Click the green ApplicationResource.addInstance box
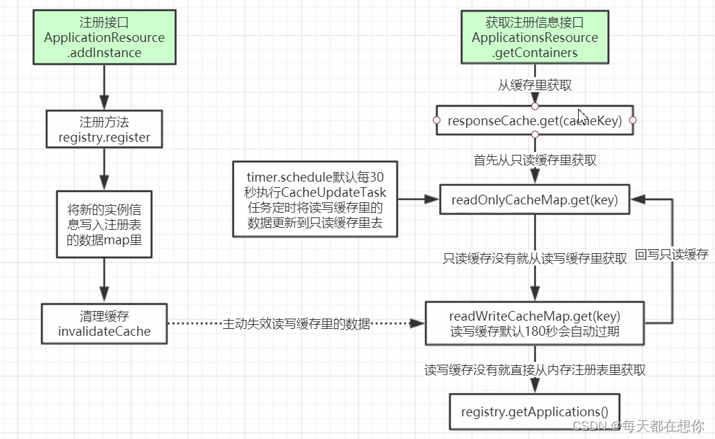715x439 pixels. click(x=105, y=38)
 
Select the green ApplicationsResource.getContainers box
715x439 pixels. click(x=535, y=38)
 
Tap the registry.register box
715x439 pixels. click(x=105, y=129)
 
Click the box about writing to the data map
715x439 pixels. click(x=105, y=225)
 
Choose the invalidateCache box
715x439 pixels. click(x=105, y=324)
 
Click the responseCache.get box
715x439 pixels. click(x=535, y=121)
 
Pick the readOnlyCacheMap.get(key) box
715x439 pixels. click(x=535, y=200)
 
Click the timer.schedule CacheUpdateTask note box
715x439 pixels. click(x=315, y=200)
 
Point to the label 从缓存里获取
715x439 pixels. click(x=535, y=85)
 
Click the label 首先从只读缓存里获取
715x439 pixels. click(x=535, y=160)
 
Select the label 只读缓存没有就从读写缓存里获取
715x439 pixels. click(x=535, y=259)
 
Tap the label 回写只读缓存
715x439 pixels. click(x=672, y=254)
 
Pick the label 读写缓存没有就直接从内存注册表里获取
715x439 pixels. click(x=535, y=370)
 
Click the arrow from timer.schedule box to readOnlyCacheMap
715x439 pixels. click(x=418, y=200)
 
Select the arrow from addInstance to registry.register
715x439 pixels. click(x=105, y=87)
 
